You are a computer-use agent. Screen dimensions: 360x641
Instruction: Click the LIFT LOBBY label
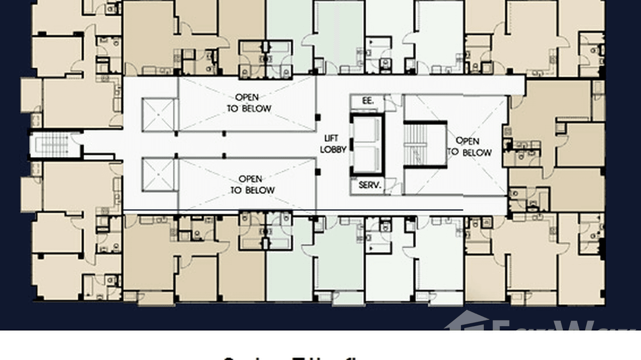coord(333,144)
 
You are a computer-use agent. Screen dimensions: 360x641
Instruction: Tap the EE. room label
coord(362,101)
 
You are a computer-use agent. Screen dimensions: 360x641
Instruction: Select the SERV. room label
coord(369,185)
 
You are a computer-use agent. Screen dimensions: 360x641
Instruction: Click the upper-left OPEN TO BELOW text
coord(248,103)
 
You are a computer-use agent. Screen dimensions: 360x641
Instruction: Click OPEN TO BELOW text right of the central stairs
coord(469,147)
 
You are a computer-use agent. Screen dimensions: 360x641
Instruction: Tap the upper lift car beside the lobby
coord(367,130)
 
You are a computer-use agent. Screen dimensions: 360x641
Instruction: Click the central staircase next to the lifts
coord(425,144)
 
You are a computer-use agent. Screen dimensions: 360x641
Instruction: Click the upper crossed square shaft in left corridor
coord(158,114)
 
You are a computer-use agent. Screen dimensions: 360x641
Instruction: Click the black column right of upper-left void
coord(318,116)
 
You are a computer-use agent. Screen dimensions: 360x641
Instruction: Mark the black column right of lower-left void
coord(318,171)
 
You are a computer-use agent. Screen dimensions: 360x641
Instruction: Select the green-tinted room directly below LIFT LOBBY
coord(340,258)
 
